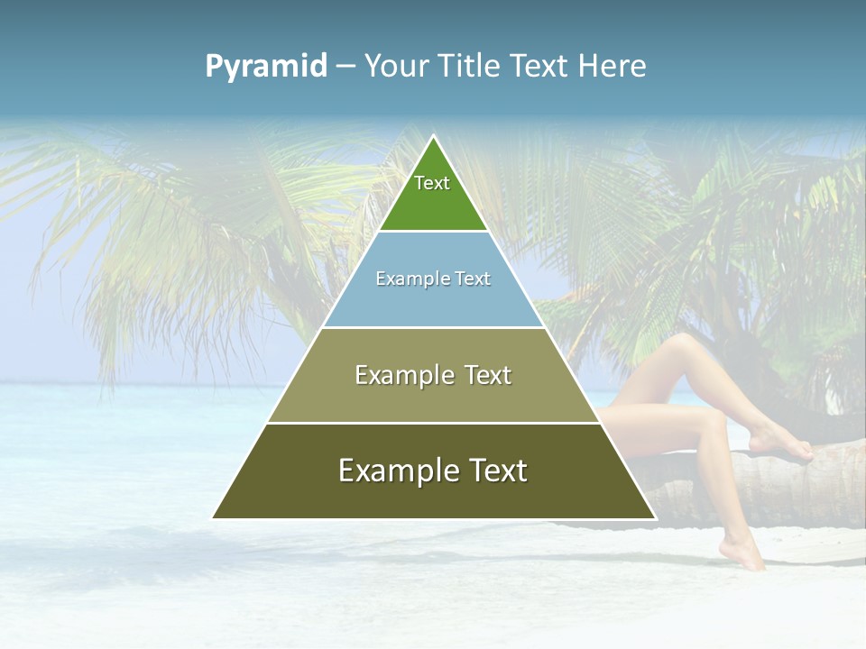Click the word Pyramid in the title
click(x=266, y=67)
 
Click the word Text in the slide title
click(x=539, y=67)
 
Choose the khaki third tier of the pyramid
click(x=433, y=397)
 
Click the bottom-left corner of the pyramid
click(x=213, y=517)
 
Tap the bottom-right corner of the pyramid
click(x=655, y=517)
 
